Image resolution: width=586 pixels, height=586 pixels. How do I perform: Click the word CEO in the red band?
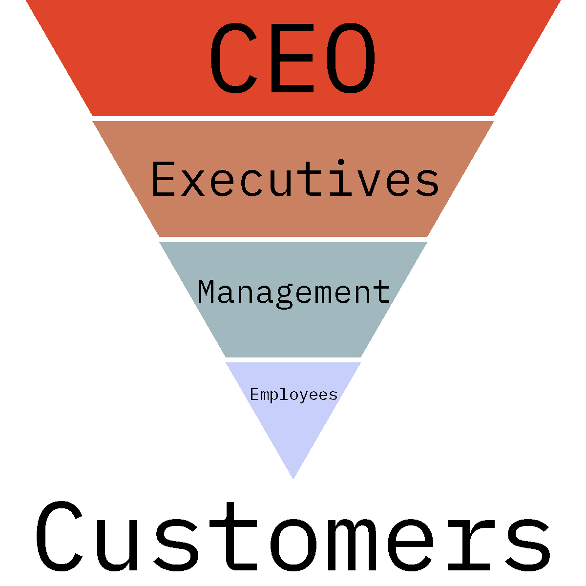(x=293, y=59)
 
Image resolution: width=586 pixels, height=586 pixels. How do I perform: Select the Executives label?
(x=295, y=179)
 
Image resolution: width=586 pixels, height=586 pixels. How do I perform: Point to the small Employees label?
(x=293, y=395)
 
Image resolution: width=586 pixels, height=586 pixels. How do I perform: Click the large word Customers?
(x=293, y=537)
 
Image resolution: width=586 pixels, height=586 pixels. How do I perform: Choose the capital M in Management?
(x=207, y=292)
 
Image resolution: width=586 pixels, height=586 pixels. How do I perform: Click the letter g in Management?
(x=283, y=296)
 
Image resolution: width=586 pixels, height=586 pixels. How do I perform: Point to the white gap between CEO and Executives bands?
(x=293, y=119)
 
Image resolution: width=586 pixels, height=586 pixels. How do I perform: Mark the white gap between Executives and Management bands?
(x=293, y=239)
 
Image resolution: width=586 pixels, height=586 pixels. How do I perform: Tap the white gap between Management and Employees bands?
(x=293, y=360)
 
